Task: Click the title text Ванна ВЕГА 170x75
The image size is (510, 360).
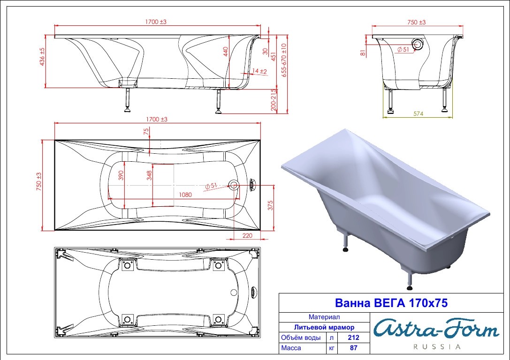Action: click(x=391, y=303)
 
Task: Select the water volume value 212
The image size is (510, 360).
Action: click(x=354, y=337)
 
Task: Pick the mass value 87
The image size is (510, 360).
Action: click(x=354, y=348)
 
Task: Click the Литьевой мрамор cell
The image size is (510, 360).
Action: click(x=324, y=327)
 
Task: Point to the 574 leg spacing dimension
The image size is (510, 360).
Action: click(x=419, y=114)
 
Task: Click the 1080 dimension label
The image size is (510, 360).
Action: click(x=185, y=195)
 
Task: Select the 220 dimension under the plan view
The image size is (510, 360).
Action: click(x=247, y=235)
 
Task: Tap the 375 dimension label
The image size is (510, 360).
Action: click(x=270, y=205)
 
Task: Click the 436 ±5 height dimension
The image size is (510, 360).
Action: click(x=42, y=57)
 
